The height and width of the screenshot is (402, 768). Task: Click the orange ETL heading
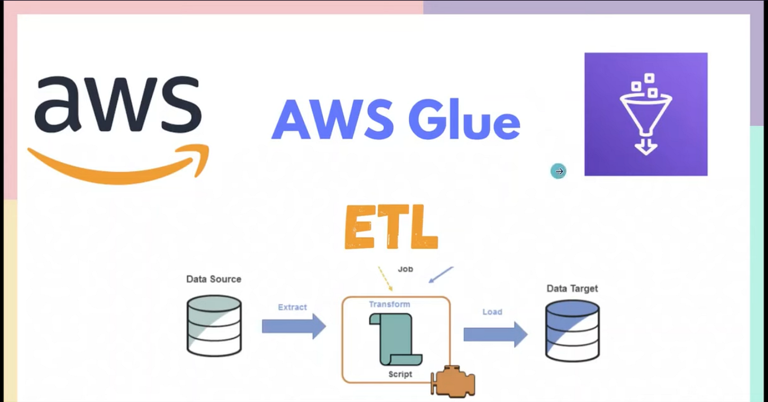[x=391, y=228]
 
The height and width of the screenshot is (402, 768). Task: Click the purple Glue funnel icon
[x=645, y=114]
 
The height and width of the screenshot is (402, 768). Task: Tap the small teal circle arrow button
[x=558, y=171]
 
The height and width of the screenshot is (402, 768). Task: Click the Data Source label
[x=214, y=279]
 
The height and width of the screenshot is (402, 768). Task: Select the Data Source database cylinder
[x=214, y=324]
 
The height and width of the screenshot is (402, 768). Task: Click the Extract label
[x=292, y=307]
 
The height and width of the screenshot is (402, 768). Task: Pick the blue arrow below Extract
[x=294, y=326]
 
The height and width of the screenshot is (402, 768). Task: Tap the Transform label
[x=390, y=304]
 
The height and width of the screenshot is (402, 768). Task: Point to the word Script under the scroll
[x=400, y=374]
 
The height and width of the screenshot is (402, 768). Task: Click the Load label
[x=492, y=311]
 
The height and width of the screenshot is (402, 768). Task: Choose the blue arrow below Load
[x=495, y=335]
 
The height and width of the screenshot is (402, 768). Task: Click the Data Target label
[x=572, y=289]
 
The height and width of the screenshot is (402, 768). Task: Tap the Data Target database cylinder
[x=572, y=331]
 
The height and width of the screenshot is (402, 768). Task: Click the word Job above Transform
[x=405, y=269]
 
